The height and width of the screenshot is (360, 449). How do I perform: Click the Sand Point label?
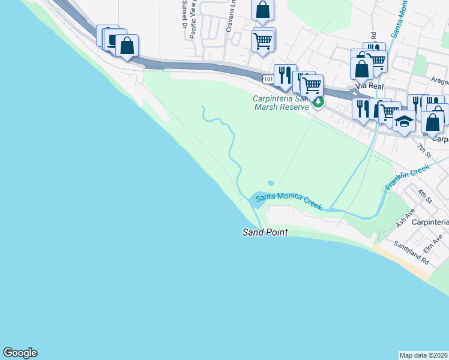pos(265,232)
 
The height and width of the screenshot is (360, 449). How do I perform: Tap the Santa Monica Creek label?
pos(289,202)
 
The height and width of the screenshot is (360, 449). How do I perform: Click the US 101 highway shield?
pos(268,79)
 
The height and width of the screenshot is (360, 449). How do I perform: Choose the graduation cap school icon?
pos(404,122)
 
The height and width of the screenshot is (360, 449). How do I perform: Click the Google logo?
pos(20,353)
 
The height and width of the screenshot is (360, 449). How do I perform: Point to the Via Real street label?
pos(369,86)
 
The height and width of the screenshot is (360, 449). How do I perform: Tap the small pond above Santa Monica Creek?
pos(271,183)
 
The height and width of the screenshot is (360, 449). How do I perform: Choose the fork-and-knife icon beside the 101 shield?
pos(285,76)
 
